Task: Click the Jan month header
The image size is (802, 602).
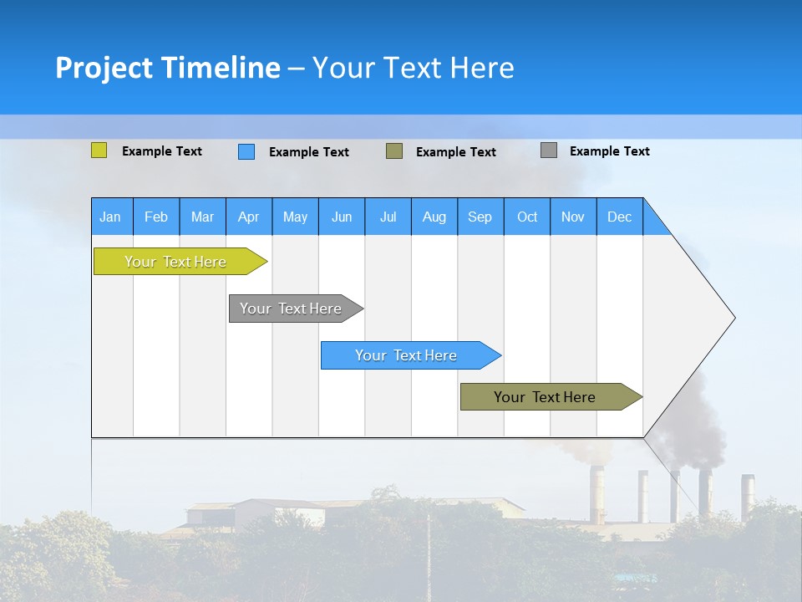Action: (x=110, y=217)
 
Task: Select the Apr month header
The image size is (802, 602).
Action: (x=248, y=217)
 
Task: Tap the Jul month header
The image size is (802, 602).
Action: (x=388, y=217)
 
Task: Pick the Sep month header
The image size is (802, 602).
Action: (x=480, y=217)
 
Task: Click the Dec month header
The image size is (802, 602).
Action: (x=619, y=217)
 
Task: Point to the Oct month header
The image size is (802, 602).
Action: (x=527, y=217)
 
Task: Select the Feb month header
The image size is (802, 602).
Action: (x=156, y=217)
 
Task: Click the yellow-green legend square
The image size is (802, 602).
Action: (x=99, y=150)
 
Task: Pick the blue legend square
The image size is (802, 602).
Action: (x=246, y=151)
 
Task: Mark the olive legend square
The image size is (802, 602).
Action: (x=393, y=150)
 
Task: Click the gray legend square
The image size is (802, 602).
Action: (x=548, y=150)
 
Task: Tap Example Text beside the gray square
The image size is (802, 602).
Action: (x=609, y=151)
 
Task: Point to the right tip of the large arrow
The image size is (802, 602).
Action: (x=733, y=318)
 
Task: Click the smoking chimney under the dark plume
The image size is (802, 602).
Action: (x=705, y=493)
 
